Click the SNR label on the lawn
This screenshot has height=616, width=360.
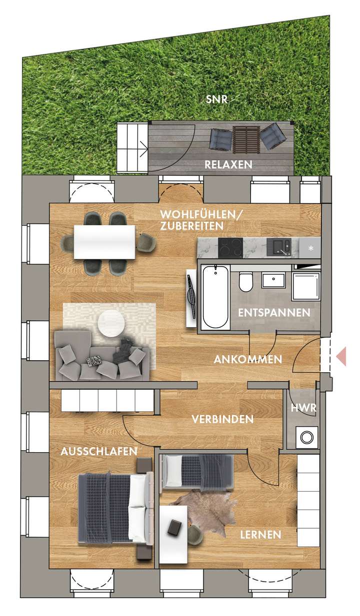(x=216, y=99)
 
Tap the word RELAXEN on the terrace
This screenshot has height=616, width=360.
(x=228, y=165)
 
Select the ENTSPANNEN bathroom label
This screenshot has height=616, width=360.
(x=273, y=313)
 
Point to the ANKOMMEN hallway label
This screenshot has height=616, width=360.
(x=247, y=359)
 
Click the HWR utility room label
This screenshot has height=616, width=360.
(x=303, y=408)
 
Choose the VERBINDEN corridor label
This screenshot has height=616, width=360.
(x=222, y=419)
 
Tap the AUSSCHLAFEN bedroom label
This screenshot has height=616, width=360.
(x=99, y=452)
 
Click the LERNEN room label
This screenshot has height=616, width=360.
(x=260, y=535)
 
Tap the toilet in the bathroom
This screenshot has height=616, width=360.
(x=245, y=283)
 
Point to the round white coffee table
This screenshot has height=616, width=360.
(x=110, y=324)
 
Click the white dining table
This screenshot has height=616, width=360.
(x=104, y=242)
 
